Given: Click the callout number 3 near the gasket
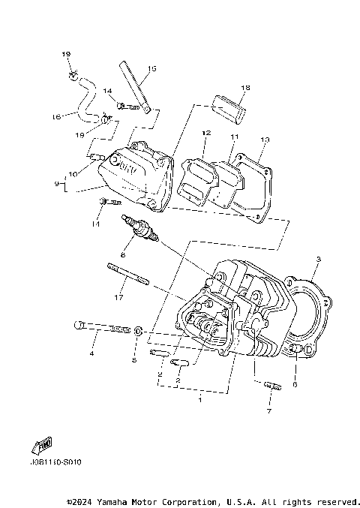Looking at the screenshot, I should (x=318, y=260).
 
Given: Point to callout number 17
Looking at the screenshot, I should (x=117, y=298).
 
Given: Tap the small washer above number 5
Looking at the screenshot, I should (x=139, y=330).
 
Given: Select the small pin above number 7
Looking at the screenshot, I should (x=272, y=386).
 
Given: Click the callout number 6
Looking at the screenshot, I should (x=295, y=384).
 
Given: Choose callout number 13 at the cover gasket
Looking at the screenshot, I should (x=264, y=140).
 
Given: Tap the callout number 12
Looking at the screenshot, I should (x=203, y=134).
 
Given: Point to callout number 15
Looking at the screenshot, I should (x=151, y=69).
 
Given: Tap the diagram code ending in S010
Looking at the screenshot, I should (x=57, y=462).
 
